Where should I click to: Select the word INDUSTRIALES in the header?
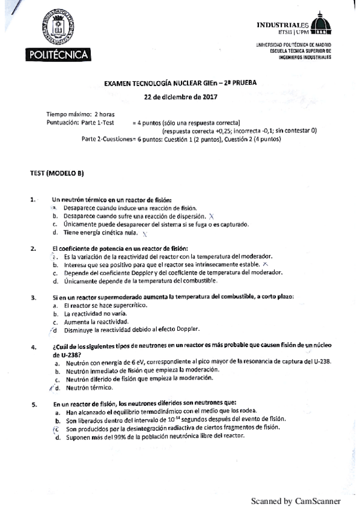[282, 25]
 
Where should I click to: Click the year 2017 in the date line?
[208, 96]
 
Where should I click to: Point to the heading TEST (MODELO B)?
[57, 173]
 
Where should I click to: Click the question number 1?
[32, 200]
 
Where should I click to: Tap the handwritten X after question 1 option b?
[212, 216]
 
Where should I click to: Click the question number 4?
[32, 347]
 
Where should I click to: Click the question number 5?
[32, 404]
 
